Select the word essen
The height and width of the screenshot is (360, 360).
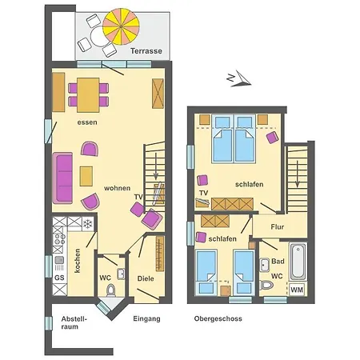tap(87, 122)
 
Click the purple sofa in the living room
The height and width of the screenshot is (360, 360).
tap(64, 177)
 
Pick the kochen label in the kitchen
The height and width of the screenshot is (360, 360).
tap(78, 261)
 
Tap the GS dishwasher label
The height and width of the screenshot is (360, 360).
tap(59, 278)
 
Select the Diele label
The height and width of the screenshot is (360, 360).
tap(145, 278)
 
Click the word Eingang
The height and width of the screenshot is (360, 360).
tap(146, 318)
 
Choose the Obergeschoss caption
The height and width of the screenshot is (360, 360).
tap(218, 318)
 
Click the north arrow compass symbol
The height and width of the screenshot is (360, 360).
tap(238, 78)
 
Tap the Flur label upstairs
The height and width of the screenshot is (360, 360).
tap(277, 227)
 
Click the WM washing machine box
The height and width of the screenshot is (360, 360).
tap(297, 290)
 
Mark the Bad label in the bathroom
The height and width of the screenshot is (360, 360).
tap(277, 262)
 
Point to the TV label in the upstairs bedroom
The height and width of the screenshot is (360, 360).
tap(203, 193)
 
